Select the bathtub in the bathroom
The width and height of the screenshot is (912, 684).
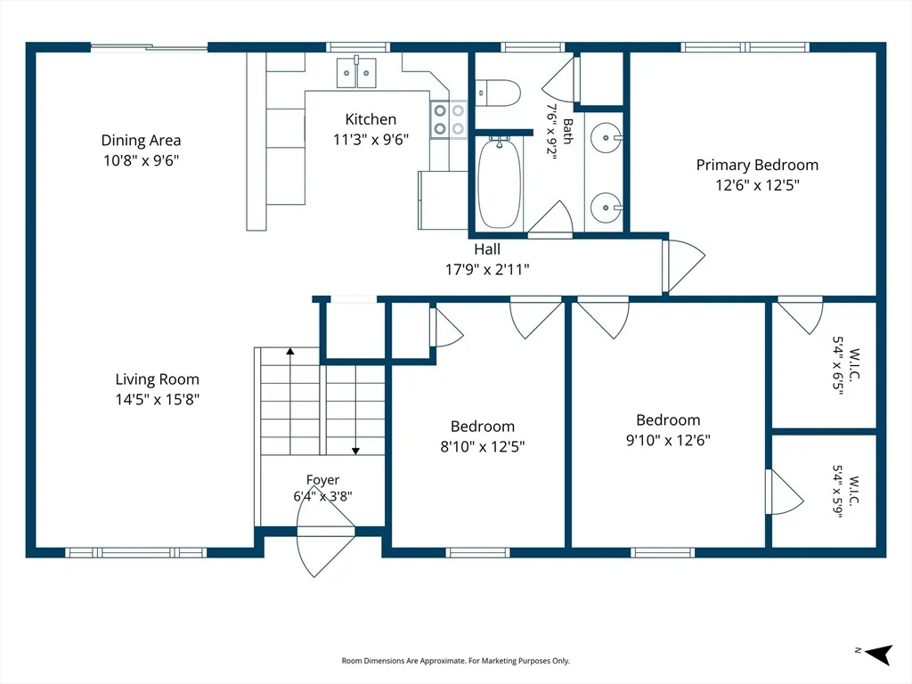pyautogui.click(x=499, y=183)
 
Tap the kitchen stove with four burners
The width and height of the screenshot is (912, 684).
pyautogui.click(x=449, y=119)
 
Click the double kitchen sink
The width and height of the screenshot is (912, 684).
pyautogui.click(x=356, y=72)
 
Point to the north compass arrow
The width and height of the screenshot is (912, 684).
pyautogui.click(x=878, y=655)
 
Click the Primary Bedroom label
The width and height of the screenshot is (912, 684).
pyautogui.click(x=757, y=165)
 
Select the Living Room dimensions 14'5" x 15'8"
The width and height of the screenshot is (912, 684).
pyautogui.click(x=157, y=399)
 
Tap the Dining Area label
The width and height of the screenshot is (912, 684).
pyautogui.click(x=141, y=140)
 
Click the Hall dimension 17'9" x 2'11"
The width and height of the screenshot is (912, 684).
pyautogui.click(x=487, y=269)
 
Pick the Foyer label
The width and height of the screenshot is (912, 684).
pyautogui.click(x=322, y=480)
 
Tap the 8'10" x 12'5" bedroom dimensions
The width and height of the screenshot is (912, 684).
pyautogui.click(x=483, y=446)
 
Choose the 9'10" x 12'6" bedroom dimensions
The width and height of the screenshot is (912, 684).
pyautogui.click(x=668, y=440)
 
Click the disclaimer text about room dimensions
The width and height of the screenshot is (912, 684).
pyautogui.click(x=455, y=661)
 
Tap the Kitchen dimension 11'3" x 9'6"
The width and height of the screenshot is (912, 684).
pyautogui.click(x=371, y=140)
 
